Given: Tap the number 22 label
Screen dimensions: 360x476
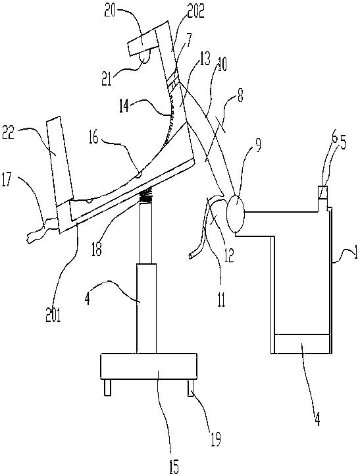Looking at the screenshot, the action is [9, 133].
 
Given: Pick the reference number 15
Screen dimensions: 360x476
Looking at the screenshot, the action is [174, 465].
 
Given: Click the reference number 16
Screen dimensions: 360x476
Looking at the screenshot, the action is [94, 139].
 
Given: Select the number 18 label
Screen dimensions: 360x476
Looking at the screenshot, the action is [96, 249].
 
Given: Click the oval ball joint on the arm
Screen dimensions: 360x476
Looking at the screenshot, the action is [236, 214].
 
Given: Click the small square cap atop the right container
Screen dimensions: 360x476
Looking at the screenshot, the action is [322, 193].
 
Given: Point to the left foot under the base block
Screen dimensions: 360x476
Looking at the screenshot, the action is [107, 388].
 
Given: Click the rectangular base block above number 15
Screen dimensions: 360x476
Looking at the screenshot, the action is [149, 367].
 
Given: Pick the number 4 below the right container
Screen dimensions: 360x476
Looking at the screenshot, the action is [317, 420].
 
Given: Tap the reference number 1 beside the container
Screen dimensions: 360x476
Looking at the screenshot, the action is [354, 253].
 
